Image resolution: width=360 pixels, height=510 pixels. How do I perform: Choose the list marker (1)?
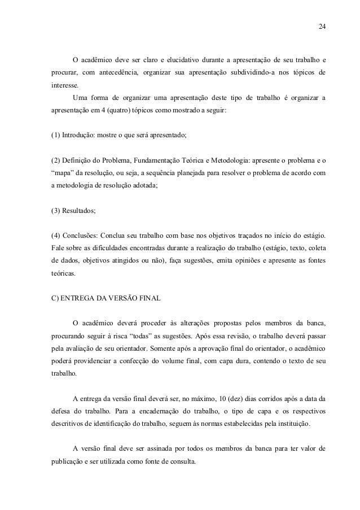pyautogui.click(x=55, y=136)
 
